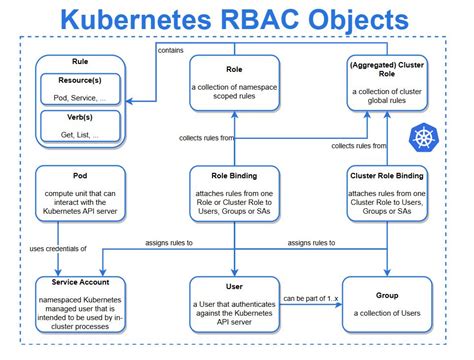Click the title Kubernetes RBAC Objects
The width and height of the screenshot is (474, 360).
point(237,19)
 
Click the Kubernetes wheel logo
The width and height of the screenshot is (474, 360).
point(417,138)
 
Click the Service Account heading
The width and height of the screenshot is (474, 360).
point(77,282)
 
